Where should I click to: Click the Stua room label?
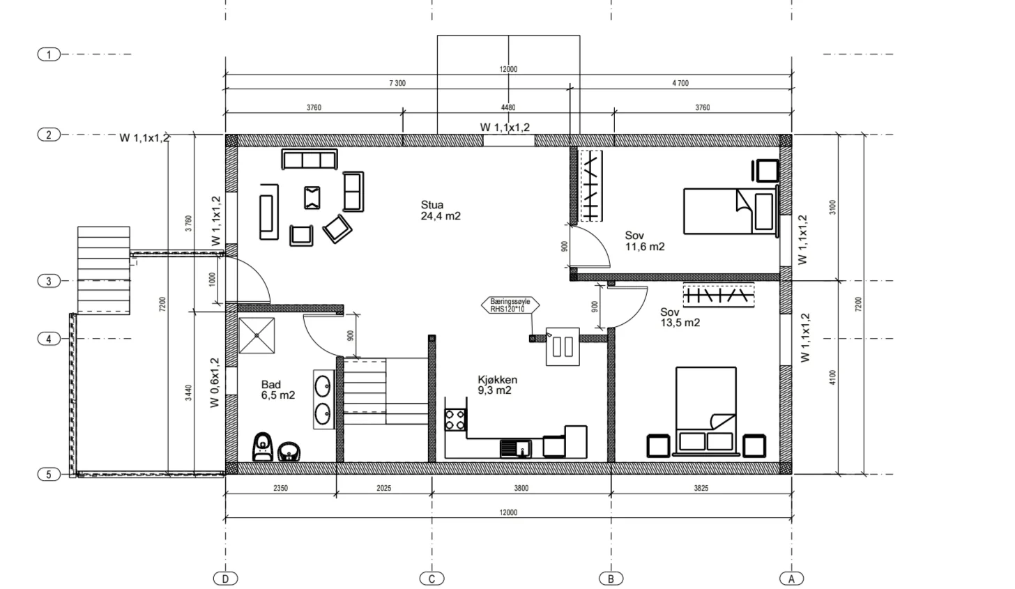(432, 205)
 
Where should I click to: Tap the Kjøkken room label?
(497, 380)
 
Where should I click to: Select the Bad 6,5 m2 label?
(277, 390)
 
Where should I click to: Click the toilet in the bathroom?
(263, 447)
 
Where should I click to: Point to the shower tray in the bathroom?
(257, 335)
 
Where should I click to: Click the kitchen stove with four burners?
(455, 420)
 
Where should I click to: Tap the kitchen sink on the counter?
(516, 449)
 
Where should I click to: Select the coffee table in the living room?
(312, 198)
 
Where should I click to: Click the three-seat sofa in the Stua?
(310, 160)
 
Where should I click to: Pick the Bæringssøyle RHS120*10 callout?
(510, 305)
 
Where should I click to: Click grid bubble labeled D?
(225, 579)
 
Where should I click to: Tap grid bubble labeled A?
(792, 579)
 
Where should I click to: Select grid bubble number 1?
(49, 54)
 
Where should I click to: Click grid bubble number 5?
(49, 475)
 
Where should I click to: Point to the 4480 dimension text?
(508, 107)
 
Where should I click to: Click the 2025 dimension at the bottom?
(384, 488)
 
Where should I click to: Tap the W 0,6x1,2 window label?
(215, 383)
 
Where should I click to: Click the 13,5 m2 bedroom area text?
(680, 323)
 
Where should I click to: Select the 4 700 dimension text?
(680, 83)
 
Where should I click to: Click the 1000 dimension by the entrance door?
(212, 279)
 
